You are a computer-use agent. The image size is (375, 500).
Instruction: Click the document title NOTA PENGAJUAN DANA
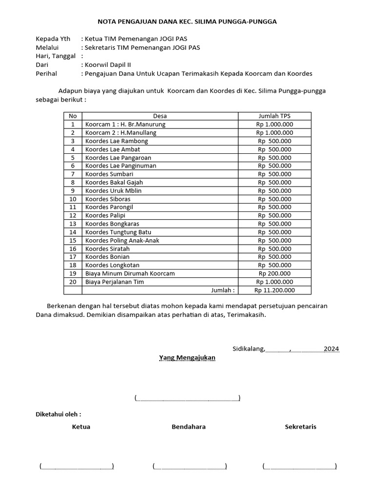187,21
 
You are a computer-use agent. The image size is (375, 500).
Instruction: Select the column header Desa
160,116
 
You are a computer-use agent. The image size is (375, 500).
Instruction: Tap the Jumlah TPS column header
274,116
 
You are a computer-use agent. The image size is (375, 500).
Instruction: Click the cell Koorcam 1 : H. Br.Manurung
125,124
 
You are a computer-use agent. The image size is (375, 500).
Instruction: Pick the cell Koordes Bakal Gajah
114,182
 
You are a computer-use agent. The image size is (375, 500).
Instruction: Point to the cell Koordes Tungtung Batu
119,232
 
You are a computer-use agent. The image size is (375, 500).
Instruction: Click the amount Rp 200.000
274,273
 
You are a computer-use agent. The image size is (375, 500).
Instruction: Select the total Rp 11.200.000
274,290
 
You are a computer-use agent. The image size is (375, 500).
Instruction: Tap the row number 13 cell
73,224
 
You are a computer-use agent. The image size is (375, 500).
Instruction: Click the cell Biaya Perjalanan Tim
115,282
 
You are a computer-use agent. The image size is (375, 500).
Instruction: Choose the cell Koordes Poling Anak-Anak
122,240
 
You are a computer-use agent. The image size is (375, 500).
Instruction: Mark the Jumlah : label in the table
223,290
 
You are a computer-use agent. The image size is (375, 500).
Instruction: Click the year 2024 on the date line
331,349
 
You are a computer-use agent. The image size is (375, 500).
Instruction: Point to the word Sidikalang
249,349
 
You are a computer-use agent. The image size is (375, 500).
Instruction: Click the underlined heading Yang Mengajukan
187,357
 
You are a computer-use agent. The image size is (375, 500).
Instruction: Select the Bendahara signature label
188,427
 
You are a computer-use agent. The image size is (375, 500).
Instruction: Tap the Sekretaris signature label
300,427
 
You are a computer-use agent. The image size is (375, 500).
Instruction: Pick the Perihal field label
46,74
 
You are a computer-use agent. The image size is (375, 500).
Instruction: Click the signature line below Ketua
77,467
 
